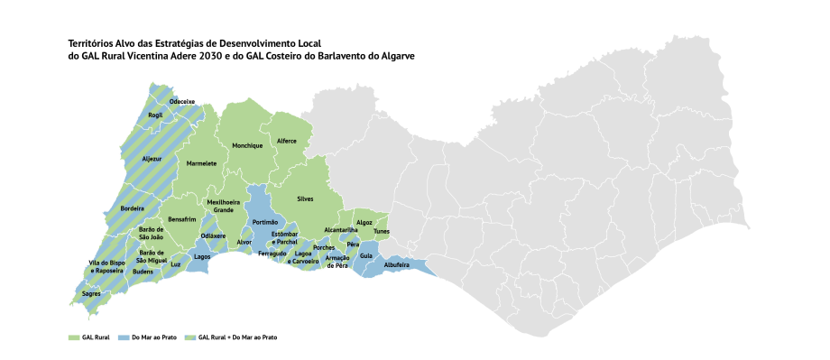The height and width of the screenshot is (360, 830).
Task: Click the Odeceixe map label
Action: click(x=182, y=102)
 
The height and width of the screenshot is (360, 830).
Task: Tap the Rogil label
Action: click(x=156, y=115)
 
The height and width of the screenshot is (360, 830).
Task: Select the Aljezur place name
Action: click(x=152, y=159)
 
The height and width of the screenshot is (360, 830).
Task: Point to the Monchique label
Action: click(x=247, y=145)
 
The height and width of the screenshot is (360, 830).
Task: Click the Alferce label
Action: click(x=287, y=141)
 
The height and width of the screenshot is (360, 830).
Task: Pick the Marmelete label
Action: click(x=201, y=163)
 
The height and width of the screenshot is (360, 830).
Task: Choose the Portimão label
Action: click(x=265, y=222)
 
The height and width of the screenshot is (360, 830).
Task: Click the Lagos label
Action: click(x=202, y=256)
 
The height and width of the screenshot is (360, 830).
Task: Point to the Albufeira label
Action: click(x=397, y=265)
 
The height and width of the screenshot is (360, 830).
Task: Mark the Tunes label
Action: click(x=381, y=230)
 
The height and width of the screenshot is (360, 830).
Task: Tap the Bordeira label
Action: click(x=133, y=208)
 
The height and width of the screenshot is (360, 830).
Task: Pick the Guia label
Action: click(x=365, y=255)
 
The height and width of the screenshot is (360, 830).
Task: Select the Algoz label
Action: click(x=364, y=222)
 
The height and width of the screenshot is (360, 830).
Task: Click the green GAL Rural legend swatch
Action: click(x=74, y=337)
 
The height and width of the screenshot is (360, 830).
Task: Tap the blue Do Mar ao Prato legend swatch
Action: click(x=124, y=337)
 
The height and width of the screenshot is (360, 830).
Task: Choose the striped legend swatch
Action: click(x=190, y=337)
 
